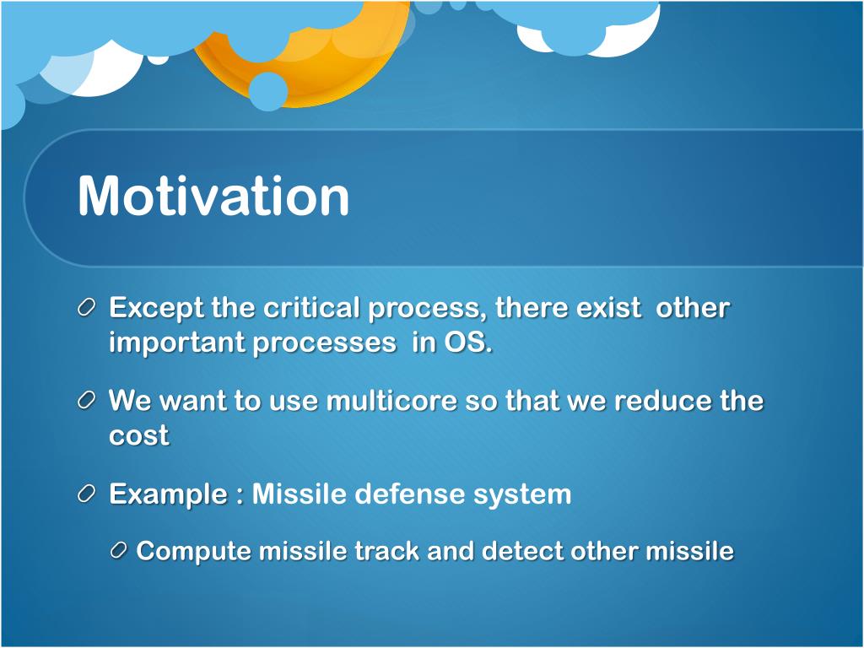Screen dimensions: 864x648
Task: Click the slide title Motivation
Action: click(213, 196)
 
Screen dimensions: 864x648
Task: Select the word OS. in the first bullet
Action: click(467, 343)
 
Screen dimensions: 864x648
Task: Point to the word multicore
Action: click(391, 401)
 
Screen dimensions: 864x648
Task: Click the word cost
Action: click(139, 436)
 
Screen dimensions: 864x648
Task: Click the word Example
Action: click(168, 494)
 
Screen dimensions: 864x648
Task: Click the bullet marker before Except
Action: click(87, 308)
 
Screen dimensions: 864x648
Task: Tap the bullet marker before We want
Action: click(87, 401)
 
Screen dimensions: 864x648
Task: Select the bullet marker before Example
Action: click(87, 493)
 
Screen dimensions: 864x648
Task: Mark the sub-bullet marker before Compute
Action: click(119, 550)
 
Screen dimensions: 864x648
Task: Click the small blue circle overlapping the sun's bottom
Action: click(267, 91)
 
